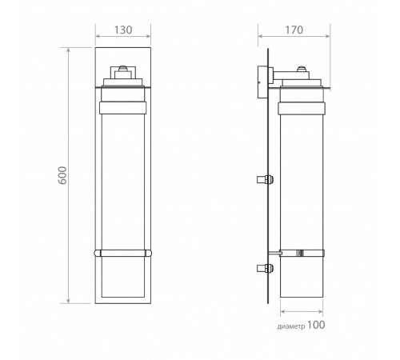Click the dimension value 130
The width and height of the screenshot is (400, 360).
click(123, 30)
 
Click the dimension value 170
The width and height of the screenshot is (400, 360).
click(294, 30)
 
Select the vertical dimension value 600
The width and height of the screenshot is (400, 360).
click(62, 175)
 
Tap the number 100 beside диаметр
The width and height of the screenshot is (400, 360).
click(316, 325)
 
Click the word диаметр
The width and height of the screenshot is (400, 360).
click(291, 326)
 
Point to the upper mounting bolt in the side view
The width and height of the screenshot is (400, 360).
click(265, 179)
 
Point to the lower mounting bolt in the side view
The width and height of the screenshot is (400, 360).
click(265, 268)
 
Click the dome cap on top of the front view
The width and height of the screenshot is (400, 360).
click(123, 68)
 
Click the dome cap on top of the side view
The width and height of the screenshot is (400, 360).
click(302, 69)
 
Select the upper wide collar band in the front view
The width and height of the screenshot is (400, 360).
click(123, 108)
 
